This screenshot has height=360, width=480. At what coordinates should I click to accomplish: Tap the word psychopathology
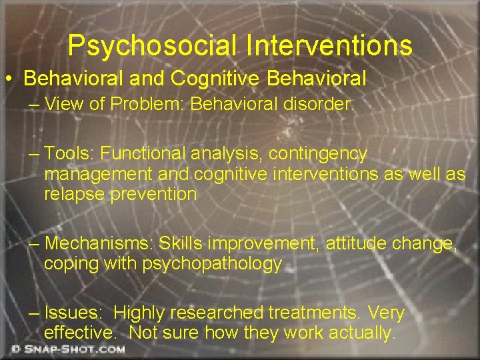point(212,263)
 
